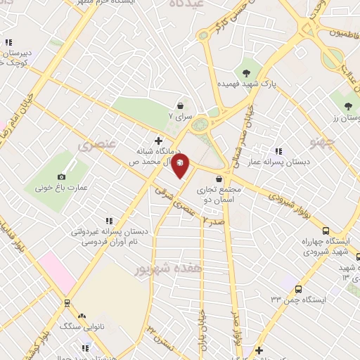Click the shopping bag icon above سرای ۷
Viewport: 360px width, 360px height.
pyautogui.click(x=182, y=103)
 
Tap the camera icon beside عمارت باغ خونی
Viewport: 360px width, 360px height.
pyautogui.click(x=62, y=176)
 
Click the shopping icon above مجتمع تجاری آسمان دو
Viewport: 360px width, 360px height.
pyautogui.click(x=224, y=179)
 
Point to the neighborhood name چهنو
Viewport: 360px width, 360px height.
pyautogui.click(x=347, y=145)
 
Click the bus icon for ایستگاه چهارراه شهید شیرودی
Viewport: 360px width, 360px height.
pyautogui.click(x=325, y=230)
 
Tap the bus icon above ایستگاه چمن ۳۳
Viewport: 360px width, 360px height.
pyautogui.click(x=299, y=288)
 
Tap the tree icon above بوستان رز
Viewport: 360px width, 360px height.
pyautogui.click(x=347, y=107)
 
